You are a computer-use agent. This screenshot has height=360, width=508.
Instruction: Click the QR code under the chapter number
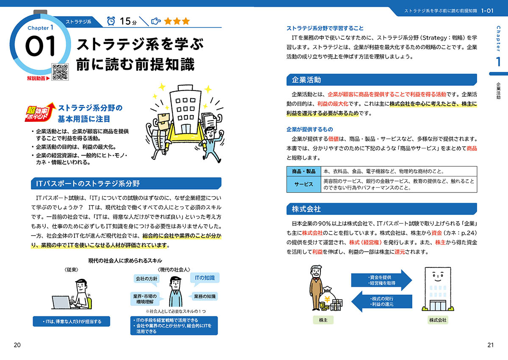[60, 72]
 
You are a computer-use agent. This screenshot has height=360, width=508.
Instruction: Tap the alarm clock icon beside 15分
[111, 21]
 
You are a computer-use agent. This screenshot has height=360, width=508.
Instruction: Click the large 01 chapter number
[41, 47]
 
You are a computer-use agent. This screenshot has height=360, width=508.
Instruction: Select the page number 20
[17, 345]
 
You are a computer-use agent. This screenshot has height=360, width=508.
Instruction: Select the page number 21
[490, 345]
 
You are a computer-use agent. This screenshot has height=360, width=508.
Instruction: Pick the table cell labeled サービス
[304, 184]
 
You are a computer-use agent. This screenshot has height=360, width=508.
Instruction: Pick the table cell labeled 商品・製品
[304, 171]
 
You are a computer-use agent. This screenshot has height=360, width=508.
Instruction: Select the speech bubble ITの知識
[204, 278]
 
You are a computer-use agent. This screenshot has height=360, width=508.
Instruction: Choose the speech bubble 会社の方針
[146, 279]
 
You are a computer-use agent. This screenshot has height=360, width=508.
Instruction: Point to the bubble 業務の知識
[205, 297]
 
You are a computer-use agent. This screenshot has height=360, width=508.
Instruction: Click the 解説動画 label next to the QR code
[37, 78]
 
